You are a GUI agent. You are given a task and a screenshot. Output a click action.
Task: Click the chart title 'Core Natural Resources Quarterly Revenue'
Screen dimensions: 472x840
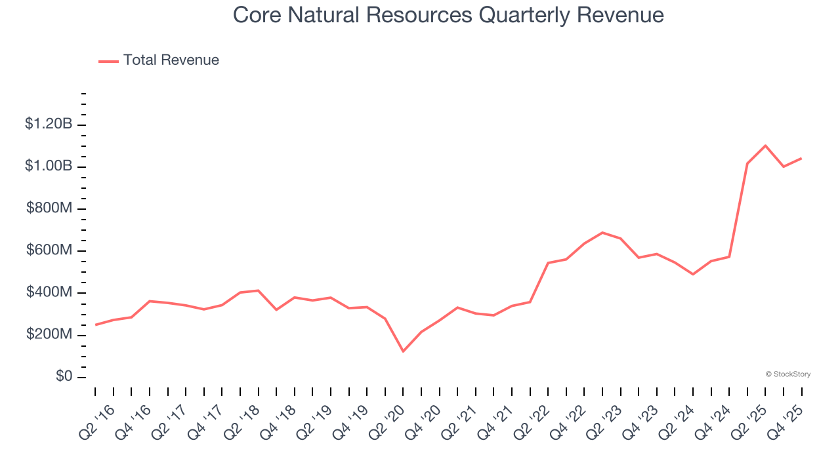coord(448,15)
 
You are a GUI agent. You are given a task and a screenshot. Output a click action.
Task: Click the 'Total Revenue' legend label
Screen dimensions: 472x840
coord(171,60)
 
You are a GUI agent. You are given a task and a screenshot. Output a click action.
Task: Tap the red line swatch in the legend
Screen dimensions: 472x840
coord(108,61)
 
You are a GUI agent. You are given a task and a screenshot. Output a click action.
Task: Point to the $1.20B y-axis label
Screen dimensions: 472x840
coord(49,124)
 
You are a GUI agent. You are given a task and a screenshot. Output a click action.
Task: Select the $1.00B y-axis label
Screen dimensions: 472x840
coord(49,167)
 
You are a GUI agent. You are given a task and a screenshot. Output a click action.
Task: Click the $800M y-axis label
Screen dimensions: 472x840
coord(50,208)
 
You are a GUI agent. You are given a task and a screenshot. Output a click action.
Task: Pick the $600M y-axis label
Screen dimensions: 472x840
coord(50,250)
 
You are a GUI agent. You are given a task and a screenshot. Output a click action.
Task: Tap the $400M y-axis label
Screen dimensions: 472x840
coord(50,292)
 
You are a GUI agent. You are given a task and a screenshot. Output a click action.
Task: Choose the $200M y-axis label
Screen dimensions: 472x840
coord(50,335)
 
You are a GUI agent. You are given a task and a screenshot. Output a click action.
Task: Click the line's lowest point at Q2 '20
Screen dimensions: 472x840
coord(403,351)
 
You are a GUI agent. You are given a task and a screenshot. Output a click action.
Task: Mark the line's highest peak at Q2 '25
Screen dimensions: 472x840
coord(765,146)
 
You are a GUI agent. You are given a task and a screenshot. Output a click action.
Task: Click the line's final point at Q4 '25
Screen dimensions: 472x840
coord(801,158)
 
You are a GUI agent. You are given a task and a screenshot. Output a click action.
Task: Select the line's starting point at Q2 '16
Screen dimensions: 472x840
coord(96,324)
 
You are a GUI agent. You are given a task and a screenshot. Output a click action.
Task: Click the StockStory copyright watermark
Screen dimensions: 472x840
coord(787,374)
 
